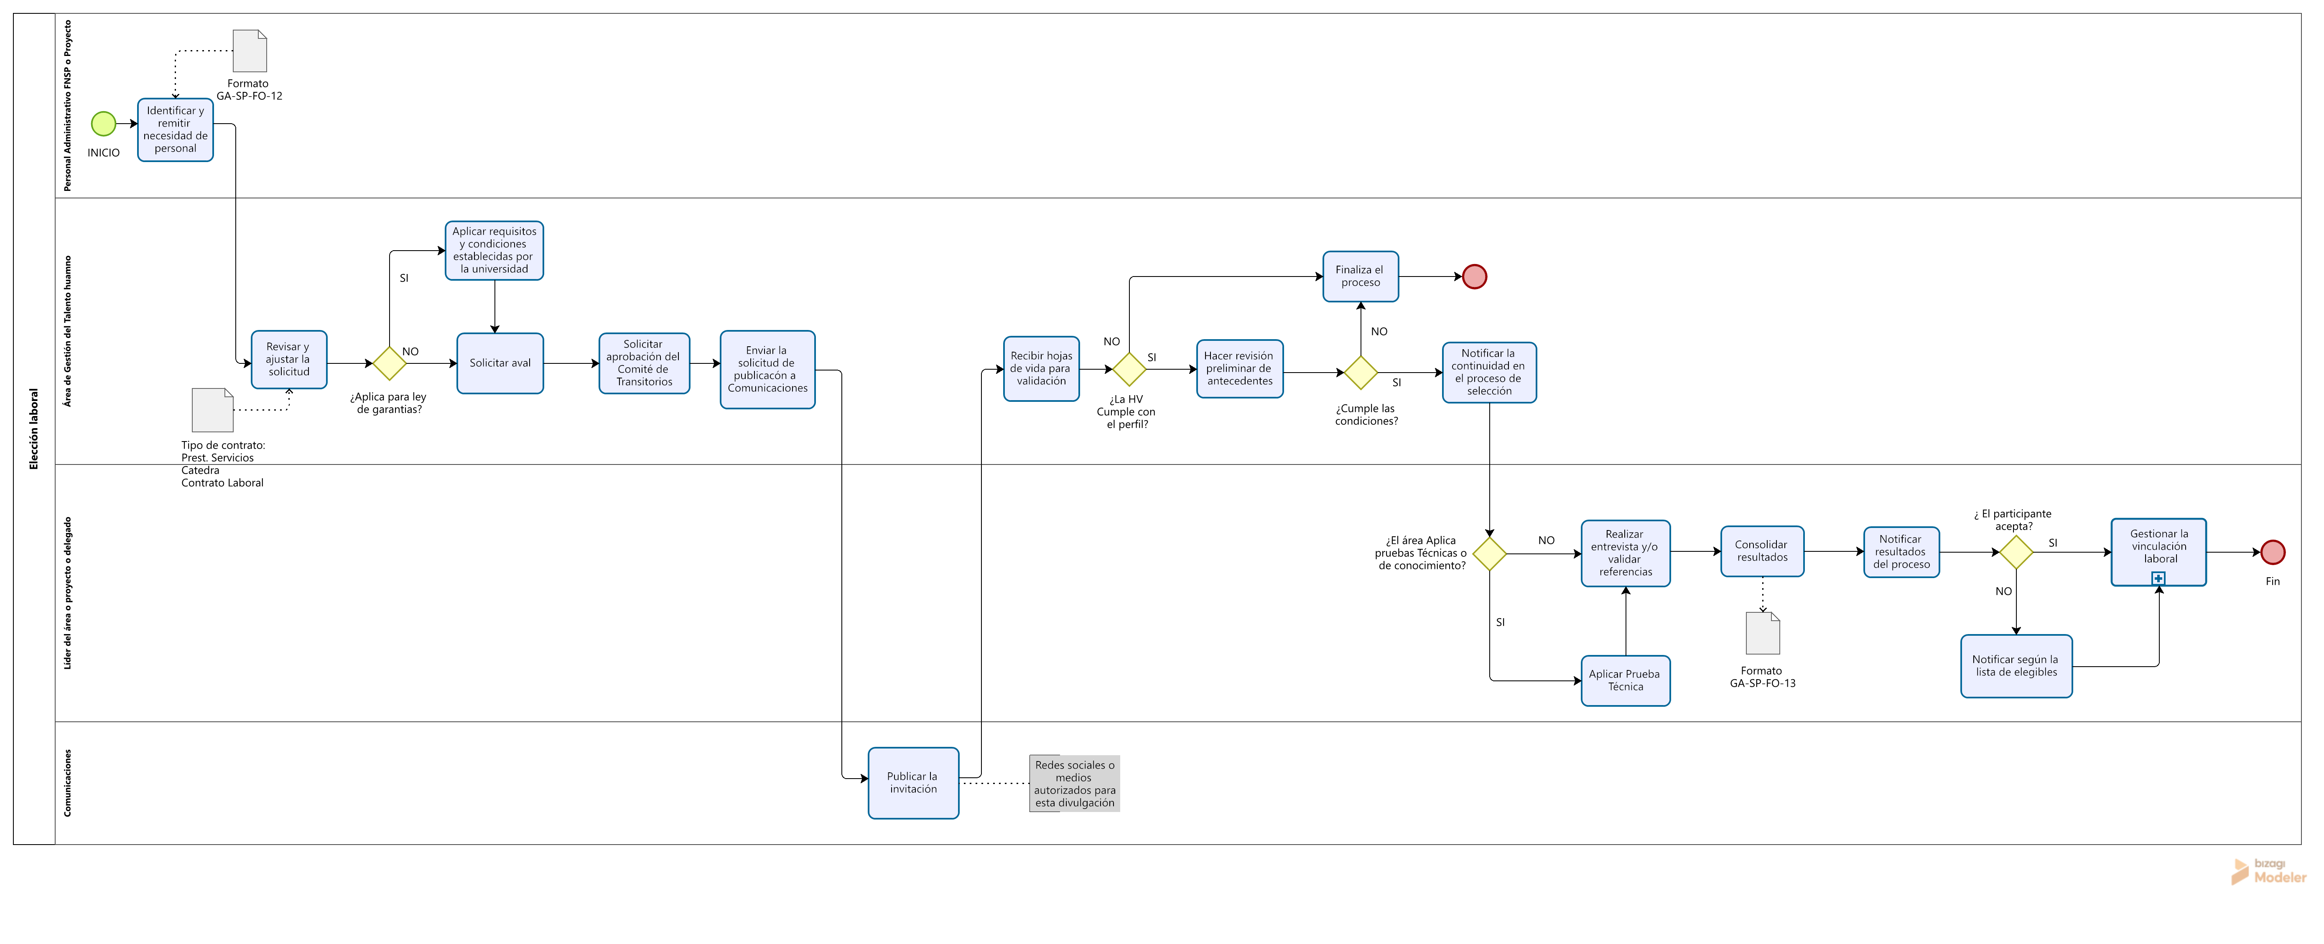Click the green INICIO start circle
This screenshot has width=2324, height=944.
pos(104,124)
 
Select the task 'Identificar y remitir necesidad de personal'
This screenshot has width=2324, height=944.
pos(175,130)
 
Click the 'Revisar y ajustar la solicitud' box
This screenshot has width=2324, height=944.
pos(289,360)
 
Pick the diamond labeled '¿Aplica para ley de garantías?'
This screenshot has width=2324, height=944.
pos(390,363)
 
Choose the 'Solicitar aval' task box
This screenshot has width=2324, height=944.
pos(500,363)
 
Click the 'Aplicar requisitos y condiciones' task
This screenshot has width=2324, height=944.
pos(494,251)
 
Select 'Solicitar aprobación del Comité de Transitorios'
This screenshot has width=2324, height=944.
pos(644,363)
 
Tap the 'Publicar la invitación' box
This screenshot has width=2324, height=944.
pos(913,783)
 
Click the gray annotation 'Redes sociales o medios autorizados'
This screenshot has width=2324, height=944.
pos(1075,784)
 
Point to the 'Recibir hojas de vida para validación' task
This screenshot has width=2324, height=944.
pos(1041,369)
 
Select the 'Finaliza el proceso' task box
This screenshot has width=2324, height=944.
pos(1361,276)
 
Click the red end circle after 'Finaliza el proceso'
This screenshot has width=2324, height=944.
pos(1474,277)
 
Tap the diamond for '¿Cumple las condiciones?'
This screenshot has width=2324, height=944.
pos(1361,372)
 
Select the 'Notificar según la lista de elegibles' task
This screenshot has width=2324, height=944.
pos(2016,666)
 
